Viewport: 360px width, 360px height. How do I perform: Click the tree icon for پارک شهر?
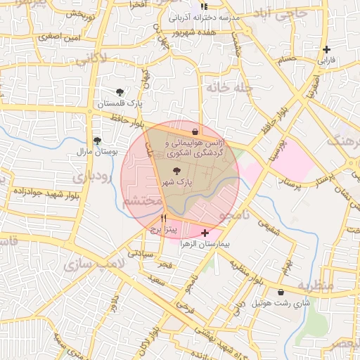176,171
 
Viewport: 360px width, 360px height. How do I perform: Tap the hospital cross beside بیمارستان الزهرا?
205,233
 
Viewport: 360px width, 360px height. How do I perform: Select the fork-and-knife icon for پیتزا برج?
164,219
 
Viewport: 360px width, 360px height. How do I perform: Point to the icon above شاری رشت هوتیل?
281,292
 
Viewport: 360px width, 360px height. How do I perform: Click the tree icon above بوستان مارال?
96,141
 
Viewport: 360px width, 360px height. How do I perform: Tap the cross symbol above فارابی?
326,49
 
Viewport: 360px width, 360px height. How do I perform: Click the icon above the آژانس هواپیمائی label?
195,131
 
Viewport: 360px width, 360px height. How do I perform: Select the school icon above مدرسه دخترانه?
204,6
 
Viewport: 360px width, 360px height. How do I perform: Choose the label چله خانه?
226,88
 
